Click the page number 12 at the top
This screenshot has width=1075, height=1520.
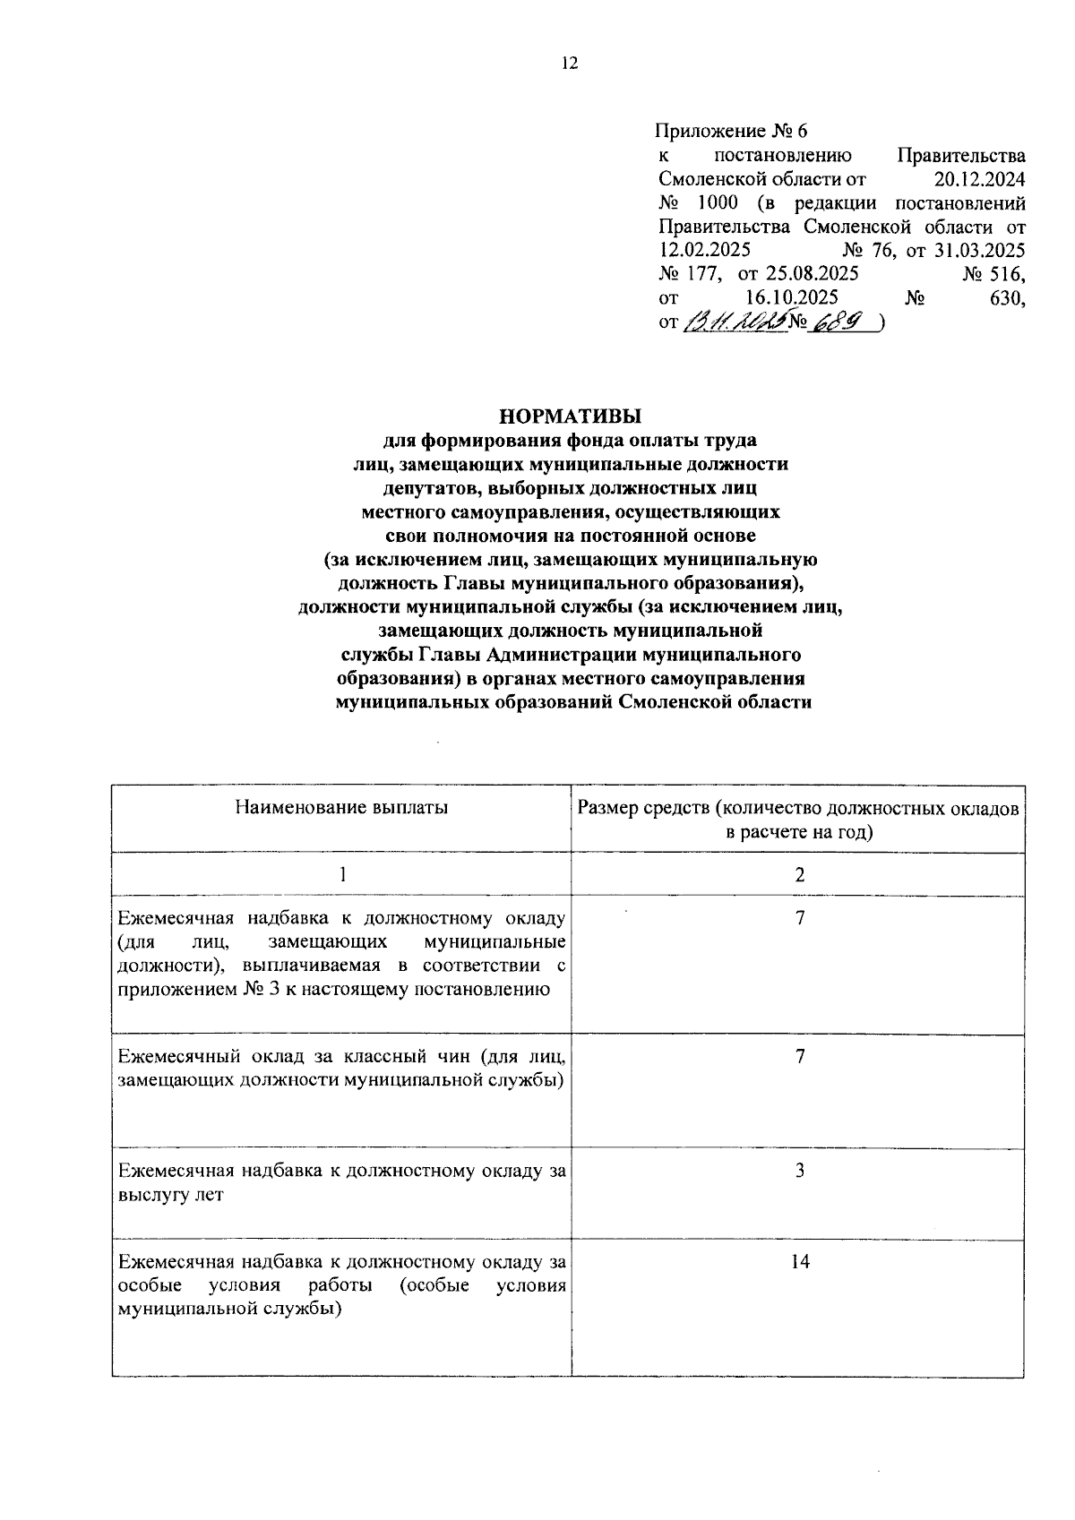click(570, 63)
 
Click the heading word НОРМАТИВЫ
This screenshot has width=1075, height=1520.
click(572, 416)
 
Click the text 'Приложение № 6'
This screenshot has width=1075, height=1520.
click(732, 132)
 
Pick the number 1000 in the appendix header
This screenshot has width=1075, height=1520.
click(717, 202)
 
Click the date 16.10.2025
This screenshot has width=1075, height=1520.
click(791, 297)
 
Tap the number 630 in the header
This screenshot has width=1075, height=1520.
click(1006, 297)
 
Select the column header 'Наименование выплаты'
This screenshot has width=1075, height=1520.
click(341, 807)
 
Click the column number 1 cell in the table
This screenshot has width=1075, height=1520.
click(341, 875)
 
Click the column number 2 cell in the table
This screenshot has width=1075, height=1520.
click(799, 875)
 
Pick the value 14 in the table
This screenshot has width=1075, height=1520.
click(799, 1262)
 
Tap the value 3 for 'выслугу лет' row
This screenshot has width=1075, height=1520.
click(799, 1170)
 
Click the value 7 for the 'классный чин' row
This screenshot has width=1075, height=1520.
click(799, 1056)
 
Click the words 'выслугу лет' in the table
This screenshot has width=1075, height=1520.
click(170, 1194)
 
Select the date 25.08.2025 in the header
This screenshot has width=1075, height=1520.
click(811, 273)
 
